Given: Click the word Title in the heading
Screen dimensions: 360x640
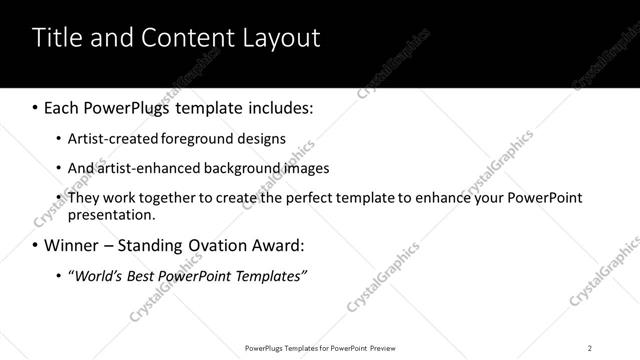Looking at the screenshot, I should (57, 38).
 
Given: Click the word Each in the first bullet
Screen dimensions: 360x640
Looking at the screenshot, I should (62, 107).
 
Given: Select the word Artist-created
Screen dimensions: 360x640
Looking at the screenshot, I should (108, 139).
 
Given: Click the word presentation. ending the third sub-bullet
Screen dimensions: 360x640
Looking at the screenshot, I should (111, 214).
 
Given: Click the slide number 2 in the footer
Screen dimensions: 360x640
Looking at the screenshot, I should (590, 347).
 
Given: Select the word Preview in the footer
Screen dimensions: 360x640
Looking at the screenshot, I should (386, 347).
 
